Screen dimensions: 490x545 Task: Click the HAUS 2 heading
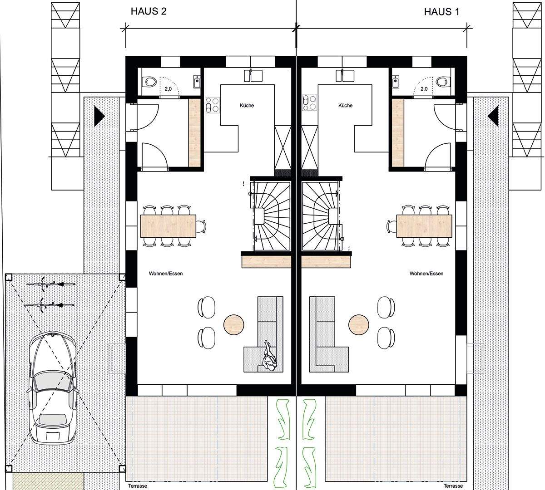pyautogui.click(x=149, y=12)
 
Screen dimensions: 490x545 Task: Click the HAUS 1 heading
pyautogui.click(x=441, y=12)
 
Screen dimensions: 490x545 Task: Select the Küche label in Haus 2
pyautogui.click(x=247, y=106)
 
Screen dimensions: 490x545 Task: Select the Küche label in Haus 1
pyautogui.click(x=345, y=106)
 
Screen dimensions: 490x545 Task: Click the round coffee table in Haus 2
pyautogui.click(x=234, y=324)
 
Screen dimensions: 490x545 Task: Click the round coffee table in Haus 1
pyautogui.click(x=359, y=324)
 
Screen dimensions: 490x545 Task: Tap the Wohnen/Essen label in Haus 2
pyautogui.click(x=165, y=274)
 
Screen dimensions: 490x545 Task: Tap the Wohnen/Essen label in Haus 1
pyautogui.click(x=426, y=274)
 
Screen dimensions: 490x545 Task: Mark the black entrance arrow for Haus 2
pyautogui.click(x=99, y=116)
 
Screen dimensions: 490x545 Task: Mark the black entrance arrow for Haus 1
pyautogui.click(x=493, y=116)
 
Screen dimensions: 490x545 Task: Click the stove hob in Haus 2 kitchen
pyautogui.click(x=211, y=105)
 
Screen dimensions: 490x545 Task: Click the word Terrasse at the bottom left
pyautogui.click(x=134, y=486)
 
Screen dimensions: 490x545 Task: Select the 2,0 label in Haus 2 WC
pyautogui.click(x=168, y=89)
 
